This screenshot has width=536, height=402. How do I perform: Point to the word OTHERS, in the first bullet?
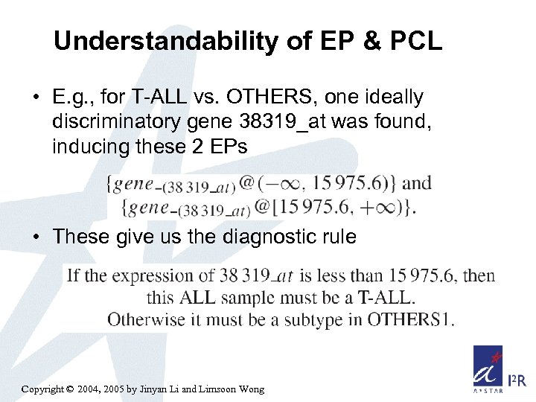click(252, 98)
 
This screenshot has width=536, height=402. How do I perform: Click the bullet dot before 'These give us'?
click(37, 238)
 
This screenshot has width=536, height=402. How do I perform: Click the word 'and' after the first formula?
click(416, 182)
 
